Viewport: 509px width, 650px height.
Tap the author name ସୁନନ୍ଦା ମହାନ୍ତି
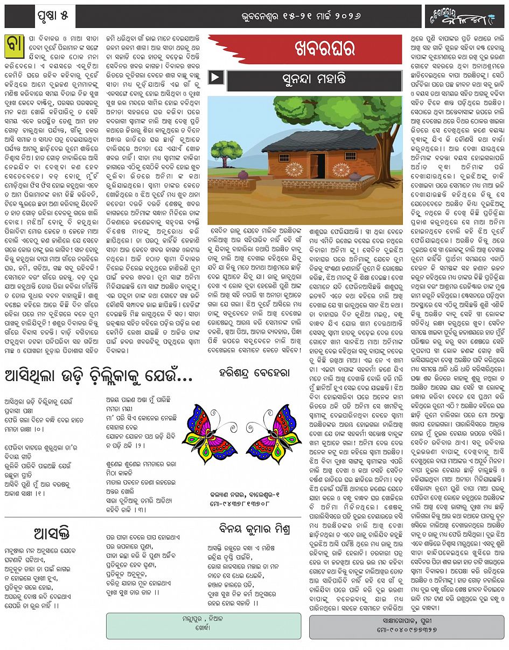(315, 79)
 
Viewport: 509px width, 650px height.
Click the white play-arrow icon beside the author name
(215, 78)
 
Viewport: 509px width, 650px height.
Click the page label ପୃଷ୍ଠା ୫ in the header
(53, 16)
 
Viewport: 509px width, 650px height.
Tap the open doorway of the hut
(318, 162)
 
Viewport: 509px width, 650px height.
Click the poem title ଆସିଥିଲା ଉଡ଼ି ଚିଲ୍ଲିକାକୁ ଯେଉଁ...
(99, 376)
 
